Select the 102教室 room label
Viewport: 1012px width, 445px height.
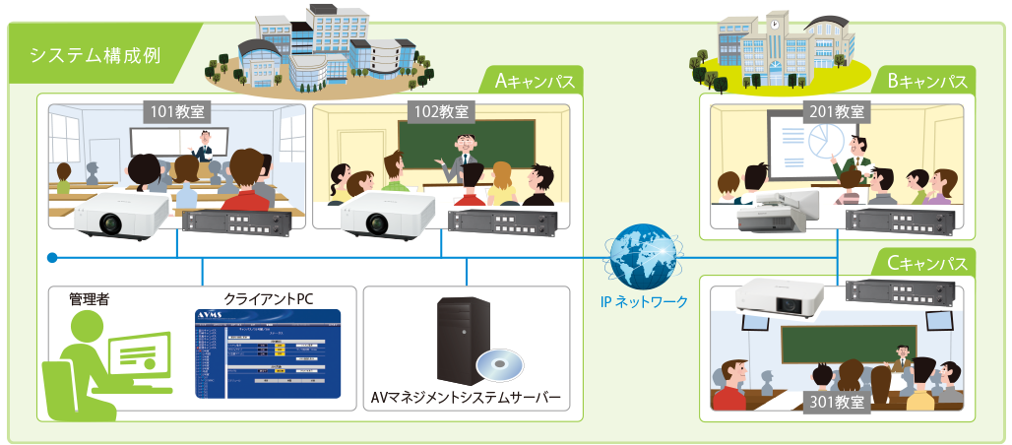tap(440, 112)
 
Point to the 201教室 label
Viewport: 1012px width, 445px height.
tap(834, 111)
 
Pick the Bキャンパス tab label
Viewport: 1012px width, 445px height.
tap(925, 81)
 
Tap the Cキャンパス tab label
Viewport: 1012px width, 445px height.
tap(925, 264)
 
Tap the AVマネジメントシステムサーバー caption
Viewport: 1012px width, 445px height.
tap(466, 399)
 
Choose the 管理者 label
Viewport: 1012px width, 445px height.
tap(88, 298)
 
